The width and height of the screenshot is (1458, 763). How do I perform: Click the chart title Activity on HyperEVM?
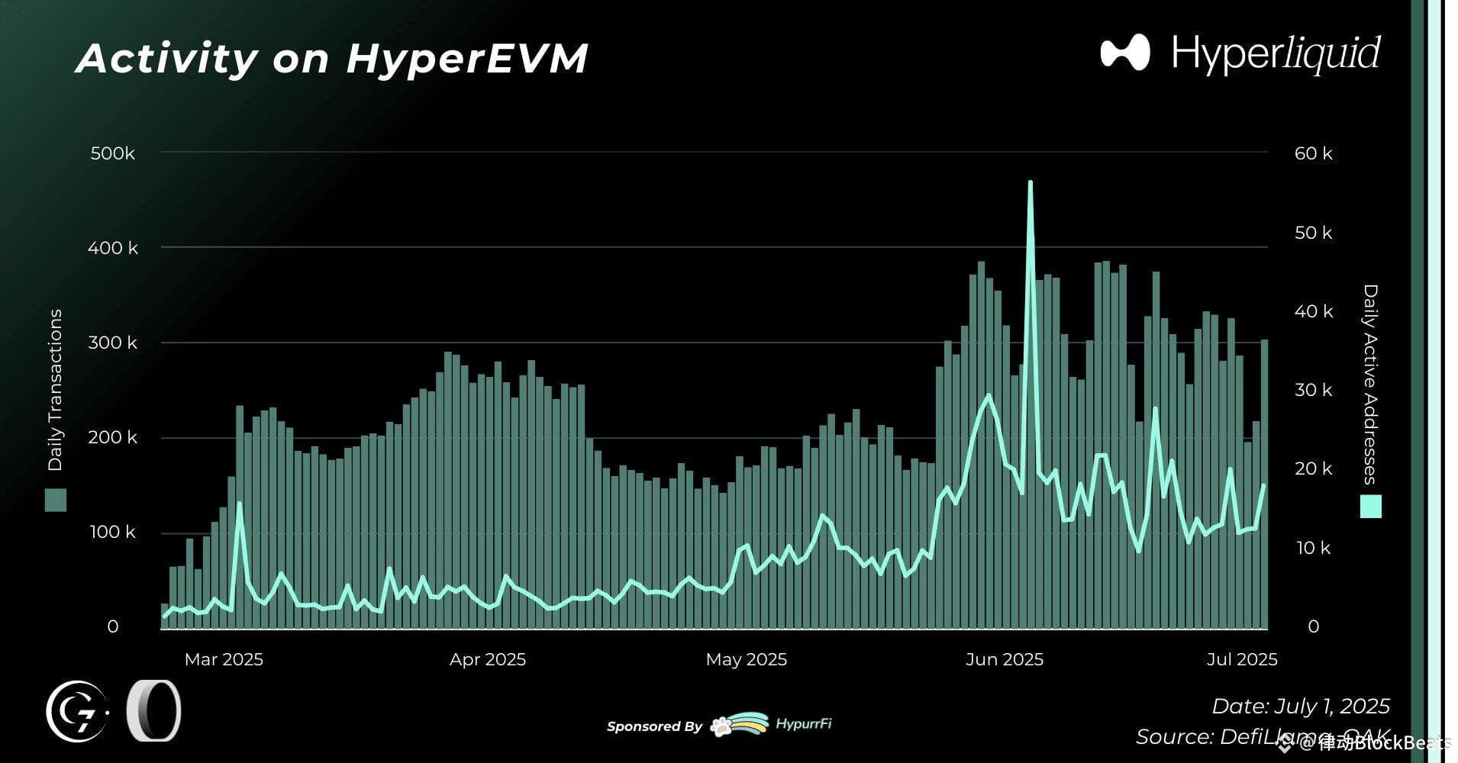pos(332,59)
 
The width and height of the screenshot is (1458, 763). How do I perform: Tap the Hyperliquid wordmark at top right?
pos(1276,53)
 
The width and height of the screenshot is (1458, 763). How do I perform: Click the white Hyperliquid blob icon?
pos(1125,53)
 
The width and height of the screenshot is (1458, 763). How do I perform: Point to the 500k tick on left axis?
pos(112,153)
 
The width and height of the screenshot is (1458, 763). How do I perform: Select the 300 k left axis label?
pos(112,343)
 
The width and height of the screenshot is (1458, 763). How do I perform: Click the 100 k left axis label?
pos(112,532)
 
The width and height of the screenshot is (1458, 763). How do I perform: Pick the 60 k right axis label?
pos(1313,153)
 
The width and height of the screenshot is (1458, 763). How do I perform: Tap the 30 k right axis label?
pos(1313,390)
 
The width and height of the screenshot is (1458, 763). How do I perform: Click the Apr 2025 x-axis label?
pos(487,659)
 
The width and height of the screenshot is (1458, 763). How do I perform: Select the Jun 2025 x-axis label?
pos(1004,659)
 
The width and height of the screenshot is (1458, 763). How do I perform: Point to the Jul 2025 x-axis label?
pos(1241,659)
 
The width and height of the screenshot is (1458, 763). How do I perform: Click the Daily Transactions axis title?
pos(55,390)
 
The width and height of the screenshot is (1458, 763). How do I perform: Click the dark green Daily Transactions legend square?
pos(56,501)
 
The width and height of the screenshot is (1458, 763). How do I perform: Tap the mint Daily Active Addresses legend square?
pos(1371,507)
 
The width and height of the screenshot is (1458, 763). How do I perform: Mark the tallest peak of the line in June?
pos(1031,183)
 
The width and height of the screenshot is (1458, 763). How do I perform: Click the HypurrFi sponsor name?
pos(803,723)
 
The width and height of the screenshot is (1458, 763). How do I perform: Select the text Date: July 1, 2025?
pos(1300,707)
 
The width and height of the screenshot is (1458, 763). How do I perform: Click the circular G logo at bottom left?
pos(76,711)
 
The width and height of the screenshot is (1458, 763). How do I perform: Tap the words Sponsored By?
pos(654,726)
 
